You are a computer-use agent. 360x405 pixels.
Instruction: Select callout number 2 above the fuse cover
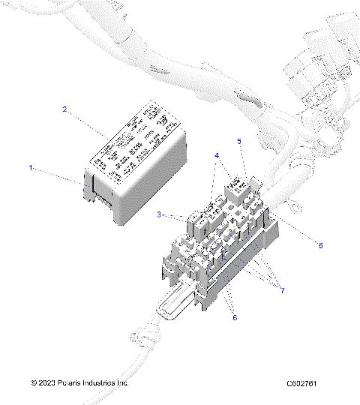pyautogui.click(x=65, y=109)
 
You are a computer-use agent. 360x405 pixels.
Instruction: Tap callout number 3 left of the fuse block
pyautogui.click(x=160, y=215)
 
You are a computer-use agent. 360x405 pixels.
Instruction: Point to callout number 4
pyautogui.click(x=217, y=156)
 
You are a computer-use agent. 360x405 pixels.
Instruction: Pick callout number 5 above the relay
pyautogui.click(x=239, y=141)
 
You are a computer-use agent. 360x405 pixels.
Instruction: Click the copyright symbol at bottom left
pyautogui.click(x=34, y=382)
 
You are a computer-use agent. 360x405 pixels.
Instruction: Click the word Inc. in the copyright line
pyautogui.click(x=122, y=382)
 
